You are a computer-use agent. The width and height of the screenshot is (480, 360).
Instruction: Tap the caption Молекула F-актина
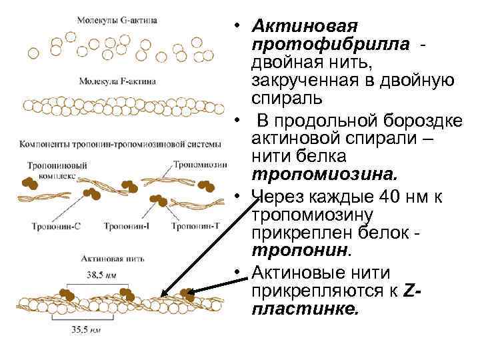pyautogui.click(x=117, y=81)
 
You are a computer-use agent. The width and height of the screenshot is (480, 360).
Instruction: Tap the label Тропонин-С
pyautogui.click(x=56, y=227)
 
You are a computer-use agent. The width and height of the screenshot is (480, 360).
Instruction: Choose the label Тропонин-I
pyautogui.click(x=127, y=227)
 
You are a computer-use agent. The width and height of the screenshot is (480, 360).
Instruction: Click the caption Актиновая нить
pyautogui.click(x=110, y=257)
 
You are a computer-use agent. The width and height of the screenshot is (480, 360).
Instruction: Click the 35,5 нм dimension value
pyautogui.click(x=87, y=328)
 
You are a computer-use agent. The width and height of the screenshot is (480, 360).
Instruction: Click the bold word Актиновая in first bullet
pyautogui.click(x=305, y=27)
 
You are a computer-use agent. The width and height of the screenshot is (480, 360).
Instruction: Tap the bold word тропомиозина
pyautogui.click(x=324, y=175)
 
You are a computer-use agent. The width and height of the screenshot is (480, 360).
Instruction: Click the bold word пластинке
pyautogui.click(x=305, y=309)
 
